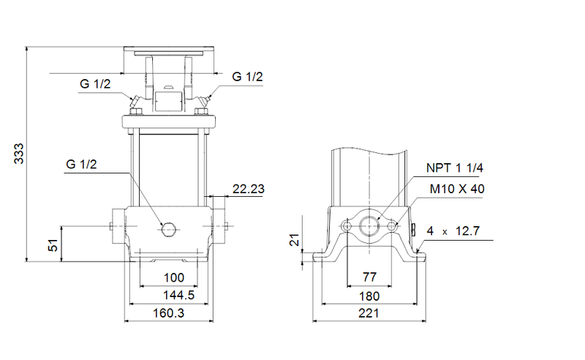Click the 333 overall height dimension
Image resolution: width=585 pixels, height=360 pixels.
(x=20, y=152)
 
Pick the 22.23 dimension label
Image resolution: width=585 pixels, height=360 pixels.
(x=248, y=189)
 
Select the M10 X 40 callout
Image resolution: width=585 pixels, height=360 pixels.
(x=457, y=189)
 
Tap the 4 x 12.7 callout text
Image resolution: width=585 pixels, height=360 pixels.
(x=453, y=231)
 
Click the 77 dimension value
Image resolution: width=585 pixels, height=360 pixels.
(x=369, y=279)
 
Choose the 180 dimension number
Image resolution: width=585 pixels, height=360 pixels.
(x=369, y=296)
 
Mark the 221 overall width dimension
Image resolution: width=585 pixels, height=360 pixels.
(x=369, y=313)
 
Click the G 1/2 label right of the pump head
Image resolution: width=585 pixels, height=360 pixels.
(x=247, y=76)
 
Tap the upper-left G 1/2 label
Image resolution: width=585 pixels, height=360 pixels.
(x=95, y=84)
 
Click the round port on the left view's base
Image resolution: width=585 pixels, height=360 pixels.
(x=169, y=229)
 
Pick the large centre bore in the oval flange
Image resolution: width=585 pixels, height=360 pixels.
(x=370, y=226)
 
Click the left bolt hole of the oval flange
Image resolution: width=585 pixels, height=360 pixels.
(x=347, y=227)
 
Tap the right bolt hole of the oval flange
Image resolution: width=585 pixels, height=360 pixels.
(x=393, y=227)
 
